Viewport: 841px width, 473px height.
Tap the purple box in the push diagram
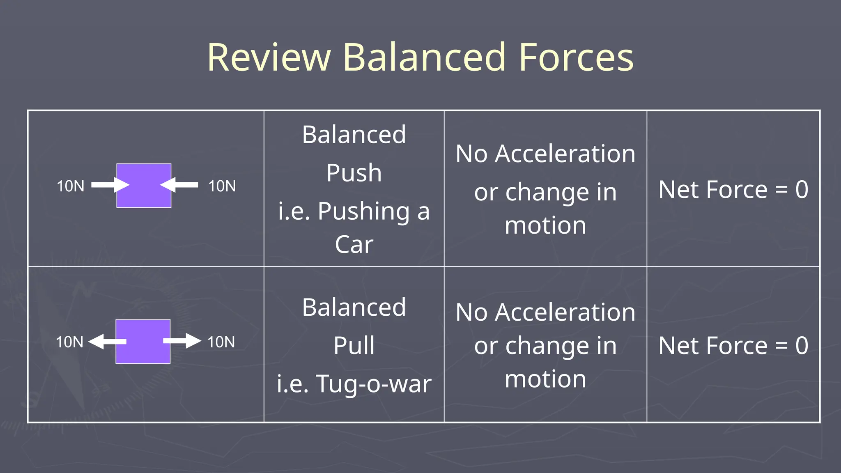pyautogui.click(x=144, y=186)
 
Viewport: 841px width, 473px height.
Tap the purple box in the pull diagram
pyautogui.click(x=143, y=342)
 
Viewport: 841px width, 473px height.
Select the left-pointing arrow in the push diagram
pyautogui.click(x=179, y=185)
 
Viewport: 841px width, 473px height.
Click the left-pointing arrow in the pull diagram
pyautogui.click(x=107, y=341)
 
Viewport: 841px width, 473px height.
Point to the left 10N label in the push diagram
pyautogui.click(x=70, y=186)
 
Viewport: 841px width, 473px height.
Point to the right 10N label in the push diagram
pyautogui.click(x=222, y=186)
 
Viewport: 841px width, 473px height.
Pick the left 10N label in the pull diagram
pyautogui.click(x=69, y=342)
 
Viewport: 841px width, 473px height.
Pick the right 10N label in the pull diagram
pyautogui.click(x=221, y=342)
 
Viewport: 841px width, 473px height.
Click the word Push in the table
pyautogui.click(x=354, y=173)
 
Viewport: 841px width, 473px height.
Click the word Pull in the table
pyautogui.click(x=354, y=346)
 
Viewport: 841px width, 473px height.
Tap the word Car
pyautogui.click(x=354, y=245)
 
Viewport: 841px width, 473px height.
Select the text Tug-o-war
pyautogui.click(x=374, y=384)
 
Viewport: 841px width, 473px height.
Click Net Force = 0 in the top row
pyautogui.click(x=733, y=190)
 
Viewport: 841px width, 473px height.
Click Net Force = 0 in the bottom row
pyautogui.click(x=733, y=346)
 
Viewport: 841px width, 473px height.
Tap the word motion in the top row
pyautogui.click(x=545, y=225)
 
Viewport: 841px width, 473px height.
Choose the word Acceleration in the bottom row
pyautogui.click(x=565, y=312)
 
